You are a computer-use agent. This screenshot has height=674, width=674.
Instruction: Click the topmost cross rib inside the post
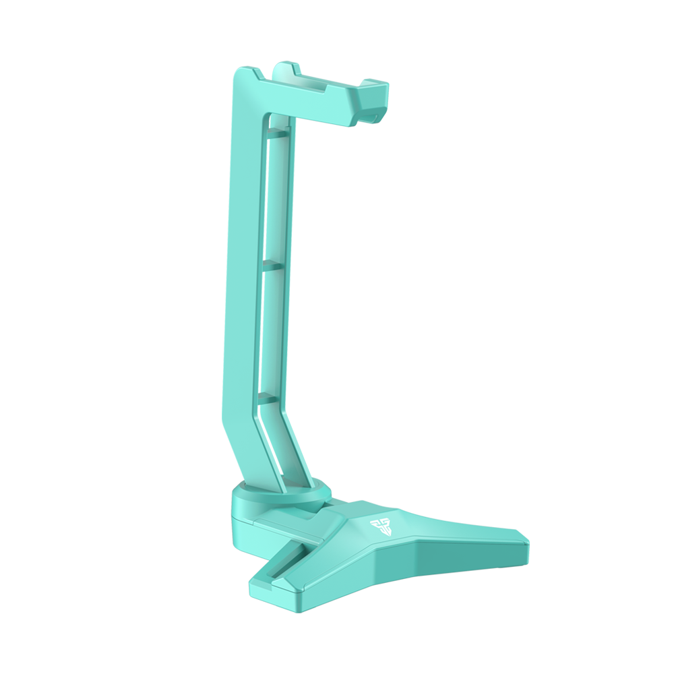click(x=280, y=135)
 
